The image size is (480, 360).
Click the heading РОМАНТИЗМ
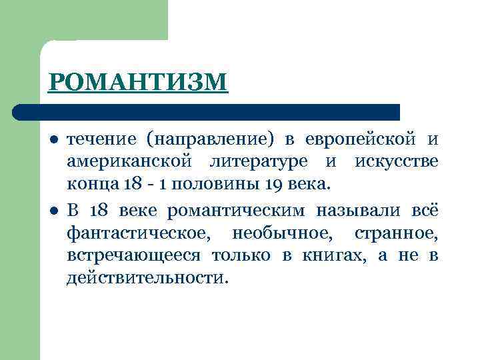tap(138, 83)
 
